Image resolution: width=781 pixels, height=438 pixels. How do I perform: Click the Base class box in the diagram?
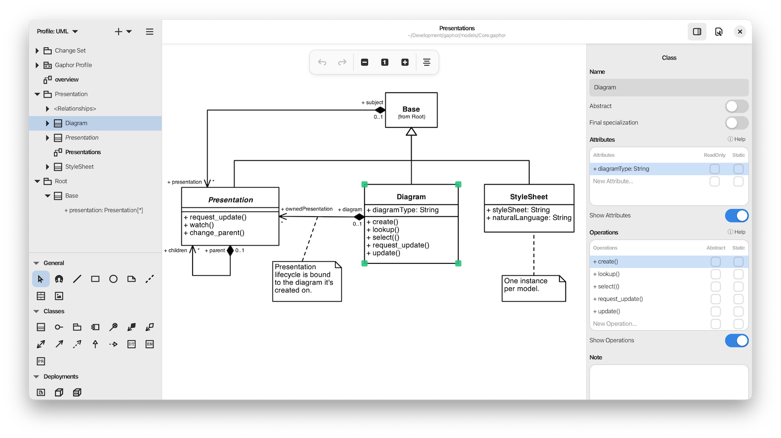pyautogui.click(x=411, y=110)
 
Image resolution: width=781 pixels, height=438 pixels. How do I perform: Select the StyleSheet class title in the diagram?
pyautogui.click(x=529, y=196)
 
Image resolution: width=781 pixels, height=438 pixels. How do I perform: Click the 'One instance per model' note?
pyautogui.click(x=533, y=288)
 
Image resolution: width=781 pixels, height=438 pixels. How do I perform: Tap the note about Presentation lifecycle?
pyautogui.click(x=306, y=280)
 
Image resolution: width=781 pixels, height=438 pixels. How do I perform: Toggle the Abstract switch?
pyautogui.click(x=736, y=106)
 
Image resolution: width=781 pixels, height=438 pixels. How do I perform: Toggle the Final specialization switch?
pyautogui.click(x=736, y=123)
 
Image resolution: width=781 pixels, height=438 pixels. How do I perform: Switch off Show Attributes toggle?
pyautogui.click(x=736, y=216)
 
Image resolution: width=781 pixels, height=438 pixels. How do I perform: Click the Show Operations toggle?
pyautogui.click(x=736, y=341)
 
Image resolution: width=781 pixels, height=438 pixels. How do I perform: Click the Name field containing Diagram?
pyautogui.click(x=668, y=88)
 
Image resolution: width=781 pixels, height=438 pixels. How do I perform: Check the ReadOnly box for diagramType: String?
pyautogui.click(x=715, y=169)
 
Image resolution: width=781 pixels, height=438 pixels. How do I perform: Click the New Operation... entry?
pyautogui.click(x=615, y=324)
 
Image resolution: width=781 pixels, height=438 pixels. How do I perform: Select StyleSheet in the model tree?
pyautogui.click(x=79, y=167)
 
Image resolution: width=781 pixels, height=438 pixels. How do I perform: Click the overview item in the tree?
pyautogui.click(x=67, y=80)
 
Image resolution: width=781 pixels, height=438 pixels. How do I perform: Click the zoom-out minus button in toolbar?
pyautogui.click(x=365, y=62)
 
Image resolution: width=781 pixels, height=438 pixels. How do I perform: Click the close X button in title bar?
pyautogui.click(x=740, y=32)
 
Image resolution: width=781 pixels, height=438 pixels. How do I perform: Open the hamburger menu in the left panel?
pyautogui.click(x=150, y=32)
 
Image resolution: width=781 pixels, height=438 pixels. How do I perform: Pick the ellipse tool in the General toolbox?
pyautogui.click(x=113, y=279)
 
